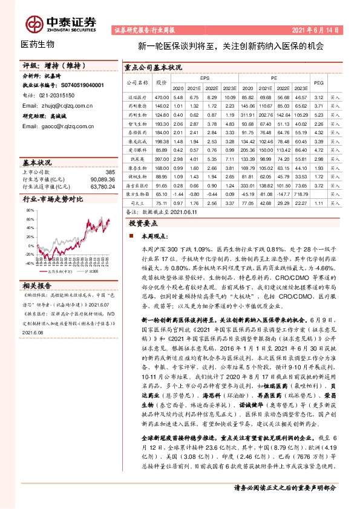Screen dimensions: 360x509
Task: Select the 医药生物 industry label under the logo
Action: coord(38,44)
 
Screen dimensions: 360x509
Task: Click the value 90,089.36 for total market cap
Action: coord(102,179)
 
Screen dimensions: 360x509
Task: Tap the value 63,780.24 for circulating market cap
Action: coord(102,186)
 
